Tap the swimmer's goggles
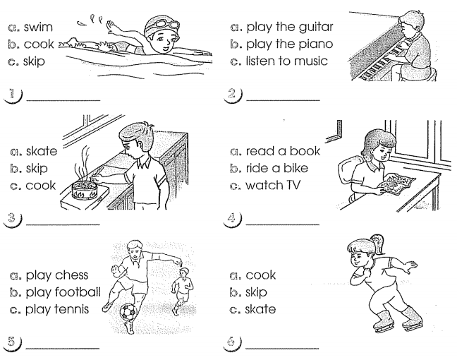tap(162, 25)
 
